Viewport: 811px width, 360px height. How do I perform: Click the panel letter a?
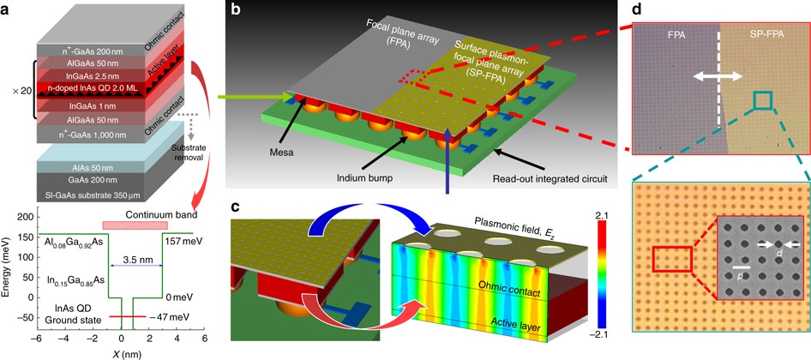point(8,9)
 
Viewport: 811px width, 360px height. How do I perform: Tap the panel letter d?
point(636,9)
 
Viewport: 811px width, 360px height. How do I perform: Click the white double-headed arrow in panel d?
point(717,76)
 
